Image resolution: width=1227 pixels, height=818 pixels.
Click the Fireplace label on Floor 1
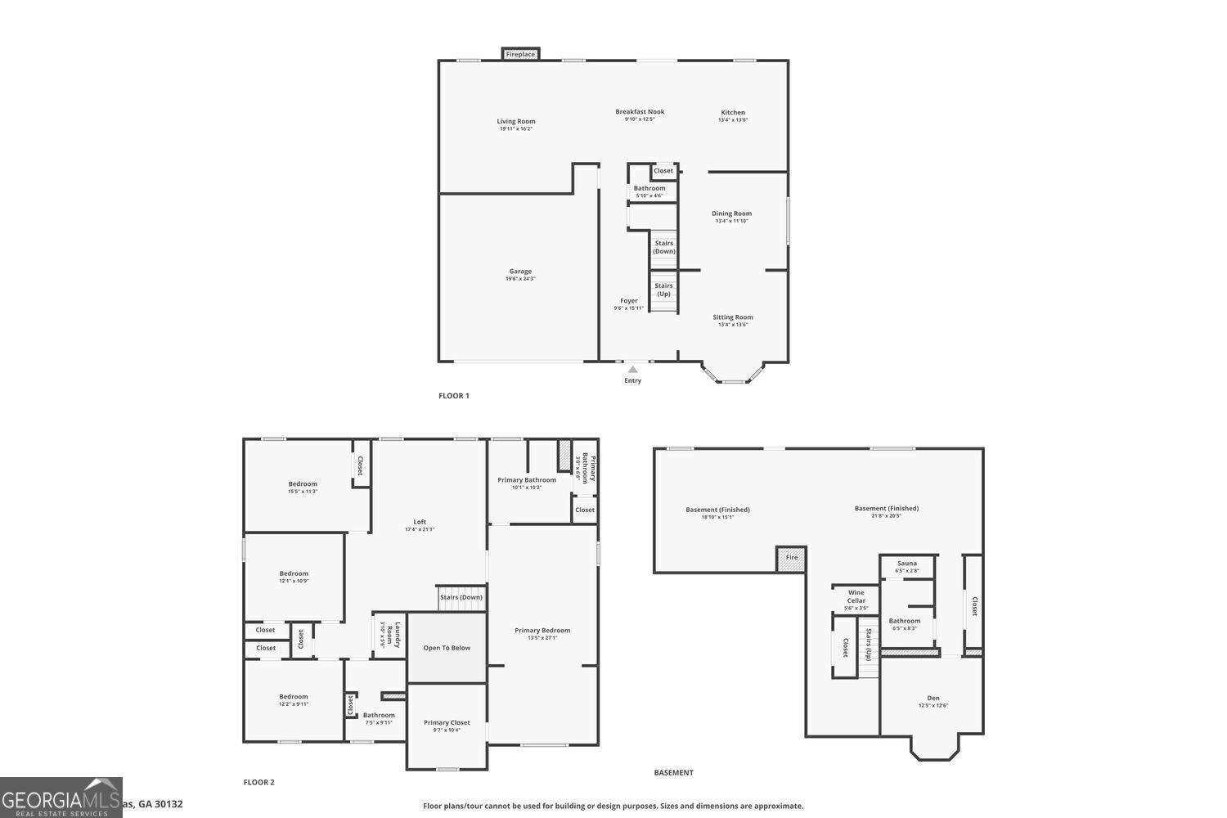tap(520, 54)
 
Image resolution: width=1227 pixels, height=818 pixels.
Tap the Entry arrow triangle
tap(632, 370)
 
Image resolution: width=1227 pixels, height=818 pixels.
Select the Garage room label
tap(520, 272)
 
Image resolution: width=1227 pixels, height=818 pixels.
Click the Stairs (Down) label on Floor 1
tap(664, 247)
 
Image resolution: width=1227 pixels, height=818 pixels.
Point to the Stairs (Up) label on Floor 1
tap(663, 290)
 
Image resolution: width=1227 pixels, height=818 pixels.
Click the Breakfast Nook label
tap(640, 111)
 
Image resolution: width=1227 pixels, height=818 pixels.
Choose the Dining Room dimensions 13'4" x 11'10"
tap(731, 221)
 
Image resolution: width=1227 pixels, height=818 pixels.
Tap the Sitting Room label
tap(732, 317)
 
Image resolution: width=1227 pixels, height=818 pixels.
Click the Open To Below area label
tap(447, 648)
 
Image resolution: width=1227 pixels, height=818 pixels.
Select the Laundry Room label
tap(398, 636)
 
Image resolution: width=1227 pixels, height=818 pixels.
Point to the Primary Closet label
tap(447, 722)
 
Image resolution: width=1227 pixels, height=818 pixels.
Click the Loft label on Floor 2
tap(420, 522)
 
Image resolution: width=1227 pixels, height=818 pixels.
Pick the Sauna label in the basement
tap(906, 563)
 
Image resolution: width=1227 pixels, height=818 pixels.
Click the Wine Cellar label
tap(856, 596)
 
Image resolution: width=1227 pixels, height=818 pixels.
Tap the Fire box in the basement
tap(791, 558)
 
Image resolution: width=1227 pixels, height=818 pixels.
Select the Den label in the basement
tap(933, 698)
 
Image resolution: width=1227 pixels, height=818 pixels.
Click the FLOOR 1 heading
tap(454, 396)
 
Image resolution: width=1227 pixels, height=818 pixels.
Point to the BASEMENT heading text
tap(673, 772)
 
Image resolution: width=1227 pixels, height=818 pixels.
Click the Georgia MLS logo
tap(61, 798)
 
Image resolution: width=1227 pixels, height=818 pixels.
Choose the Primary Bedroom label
tap(542, 630)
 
